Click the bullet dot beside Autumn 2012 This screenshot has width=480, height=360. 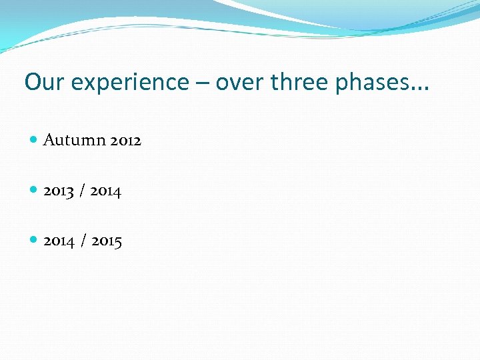pos(34,140)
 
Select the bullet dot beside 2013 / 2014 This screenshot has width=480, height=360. pos(34,191)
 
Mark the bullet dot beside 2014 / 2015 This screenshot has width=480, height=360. pos(34,241)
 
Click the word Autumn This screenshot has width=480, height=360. pos(74,140)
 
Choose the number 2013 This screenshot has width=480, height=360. pos(58,191)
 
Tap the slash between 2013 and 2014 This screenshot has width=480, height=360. pos(81,191)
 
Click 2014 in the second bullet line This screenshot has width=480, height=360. pos(105,191)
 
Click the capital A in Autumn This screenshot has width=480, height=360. pos(49,140)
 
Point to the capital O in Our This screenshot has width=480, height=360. pos(32,82)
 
